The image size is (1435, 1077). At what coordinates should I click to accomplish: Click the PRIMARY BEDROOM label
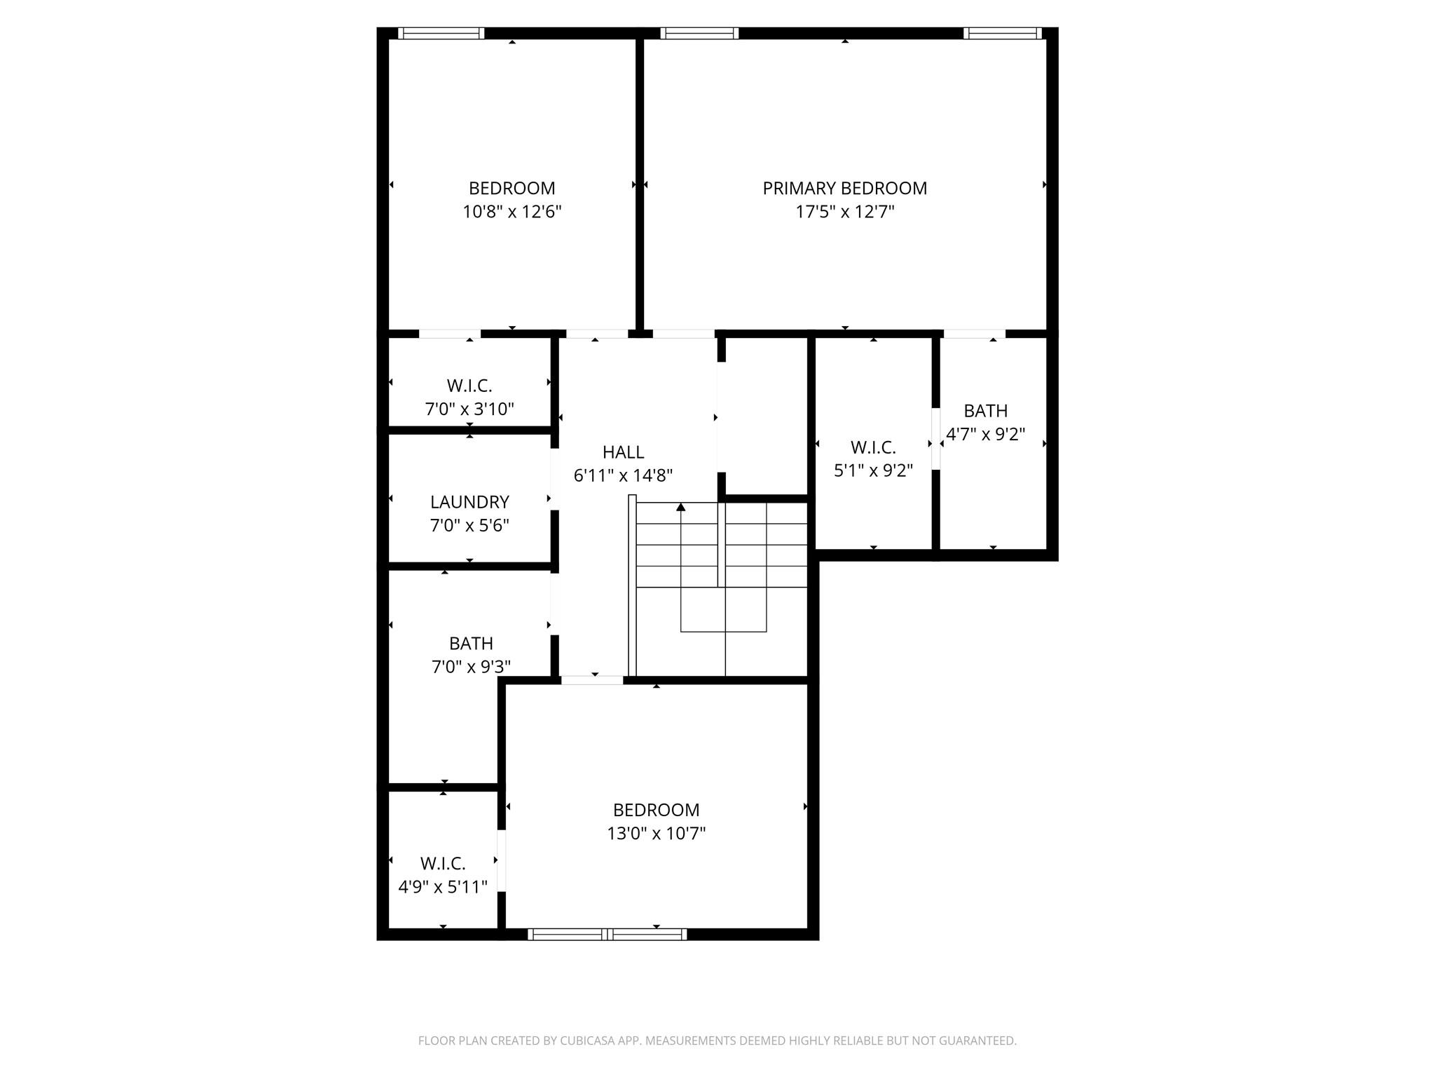[844, 188]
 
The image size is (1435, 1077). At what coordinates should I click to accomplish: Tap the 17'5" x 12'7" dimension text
[844, 212]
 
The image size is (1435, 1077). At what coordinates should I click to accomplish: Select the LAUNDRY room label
[469, 502]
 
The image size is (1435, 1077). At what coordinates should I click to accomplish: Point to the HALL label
[623, 452]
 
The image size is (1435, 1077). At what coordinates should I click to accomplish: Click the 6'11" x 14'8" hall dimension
[623, 475]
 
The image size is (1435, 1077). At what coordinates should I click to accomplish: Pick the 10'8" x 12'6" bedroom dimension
[512, 212]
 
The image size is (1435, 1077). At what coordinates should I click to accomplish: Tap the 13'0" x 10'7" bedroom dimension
[656, 833]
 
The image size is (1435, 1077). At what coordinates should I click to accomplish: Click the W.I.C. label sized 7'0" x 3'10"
[469, 386]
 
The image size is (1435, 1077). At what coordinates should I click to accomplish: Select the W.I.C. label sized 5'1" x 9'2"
[873, 447]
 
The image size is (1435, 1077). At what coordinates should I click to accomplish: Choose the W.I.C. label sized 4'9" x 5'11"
[443, 863]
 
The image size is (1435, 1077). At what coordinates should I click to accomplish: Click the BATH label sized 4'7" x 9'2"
[985, 411]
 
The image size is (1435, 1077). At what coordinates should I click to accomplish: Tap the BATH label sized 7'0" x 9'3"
[471, 643]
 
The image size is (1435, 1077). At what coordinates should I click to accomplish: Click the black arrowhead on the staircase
[680, 507]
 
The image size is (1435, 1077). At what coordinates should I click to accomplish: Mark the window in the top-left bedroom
[441, 33]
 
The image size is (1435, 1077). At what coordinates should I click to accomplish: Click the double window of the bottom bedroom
[607, 934]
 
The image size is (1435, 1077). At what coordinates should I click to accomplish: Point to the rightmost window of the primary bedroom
[1002, 33]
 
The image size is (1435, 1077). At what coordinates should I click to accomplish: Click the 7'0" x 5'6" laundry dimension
[469, 525]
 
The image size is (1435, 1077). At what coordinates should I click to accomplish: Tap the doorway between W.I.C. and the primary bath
[935, 438]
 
